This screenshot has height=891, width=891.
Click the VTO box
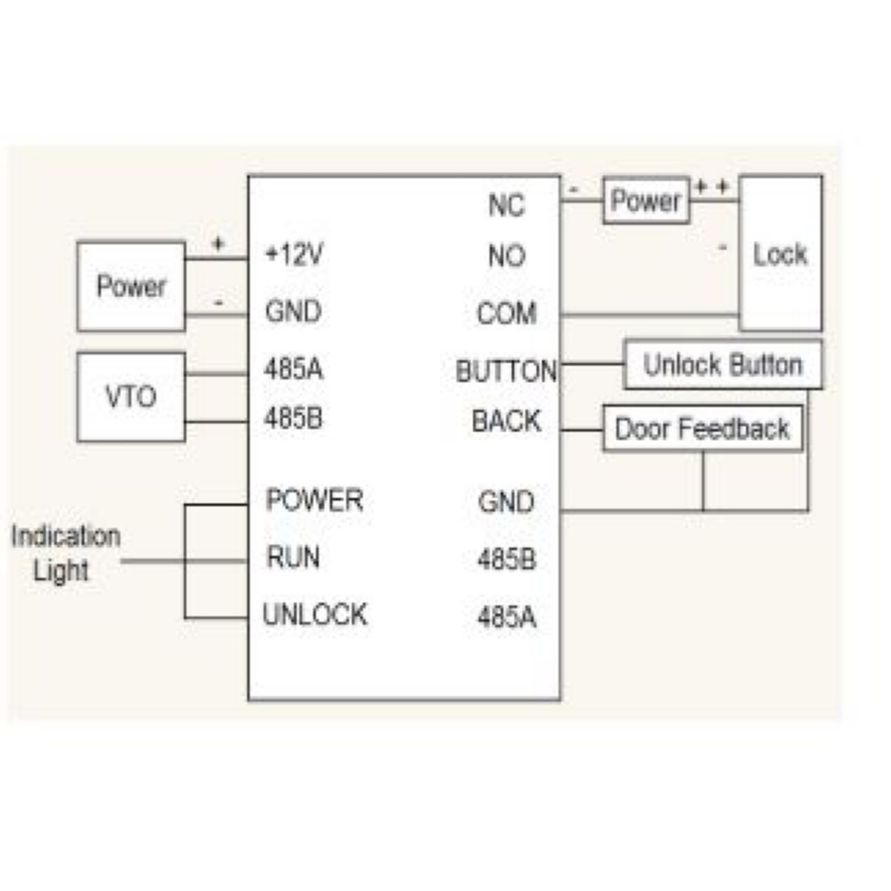coord(131,397)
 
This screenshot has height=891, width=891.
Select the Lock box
coord(780,254)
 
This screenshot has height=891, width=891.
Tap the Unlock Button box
coord(722,365)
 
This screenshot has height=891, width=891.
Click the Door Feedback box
coord(702,428)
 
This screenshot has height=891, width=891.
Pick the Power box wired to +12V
coord(131,286)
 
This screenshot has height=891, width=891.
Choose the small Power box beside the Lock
coord(646,200)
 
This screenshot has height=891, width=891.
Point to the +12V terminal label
coord(294,255)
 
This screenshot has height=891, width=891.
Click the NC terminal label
coord(506,205)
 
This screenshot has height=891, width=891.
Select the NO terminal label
coord(506,256)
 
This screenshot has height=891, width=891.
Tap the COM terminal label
coord(506,313)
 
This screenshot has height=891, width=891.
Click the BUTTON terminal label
coord(506,371)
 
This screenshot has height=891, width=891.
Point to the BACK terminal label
coord(506,421)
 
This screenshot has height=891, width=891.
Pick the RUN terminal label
coord(293,557)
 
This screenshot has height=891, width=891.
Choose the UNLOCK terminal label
coord(315,614)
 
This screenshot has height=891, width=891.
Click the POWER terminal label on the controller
coord(315,500)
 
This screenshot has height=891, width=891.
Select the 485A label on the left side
coord(294,369)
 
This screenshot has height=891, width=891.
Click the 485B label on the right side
coord(506,559)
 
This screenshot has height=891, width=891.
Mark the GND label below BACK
coord(506,502)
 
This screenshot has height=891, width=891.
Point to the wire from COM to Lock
coord(650,316)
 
